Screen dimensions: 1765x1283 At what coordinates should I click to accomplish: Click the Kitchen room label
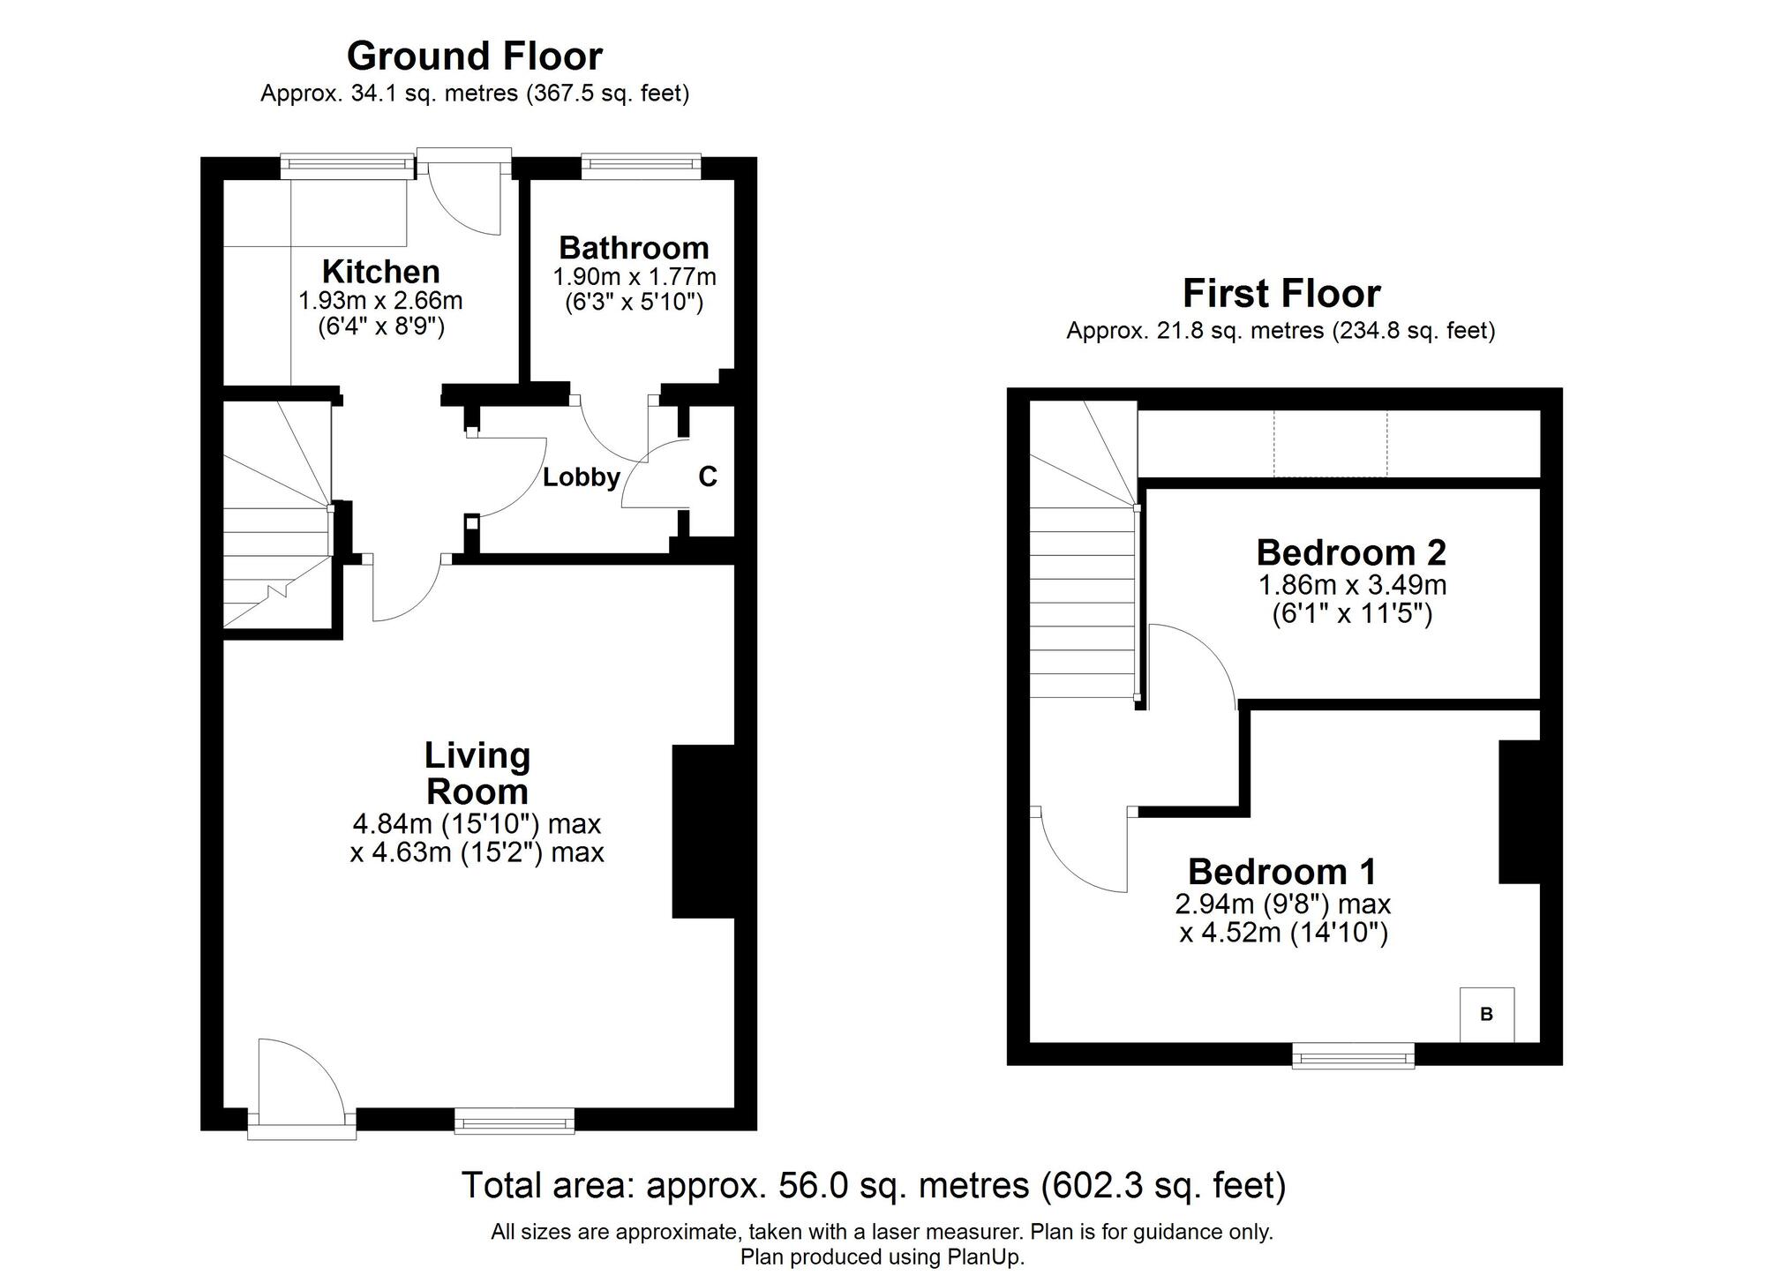click(x=380, y=271)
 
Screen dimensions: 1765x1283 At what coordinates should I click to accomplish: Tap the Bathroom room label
click(x=634, y=247)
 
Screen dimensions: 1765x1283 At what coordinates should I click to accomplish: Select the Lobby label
click(x=581, y=477)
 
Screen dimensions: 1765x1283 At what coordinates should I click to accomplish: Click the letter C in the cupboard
click(x=708, y=476)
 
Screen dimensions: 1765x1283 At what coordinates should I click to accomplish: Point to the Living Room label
click(x=477, y=773)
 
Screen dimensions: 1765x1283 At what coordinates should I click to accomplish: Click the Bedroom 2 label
click(x=1351, y=552)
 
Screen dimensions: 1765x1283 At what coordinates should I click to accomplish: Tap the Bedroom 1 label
click(x=1282, y=872)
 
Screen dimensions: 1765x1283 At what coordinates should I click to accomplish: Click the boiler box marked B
click(x=1486, y=1015)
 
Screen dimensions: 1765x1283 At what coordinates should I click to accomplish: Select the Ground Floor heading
click(x=475, y=56)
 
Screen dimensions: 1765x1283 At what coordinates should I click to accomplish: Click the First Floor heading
click(x=1281, y=293)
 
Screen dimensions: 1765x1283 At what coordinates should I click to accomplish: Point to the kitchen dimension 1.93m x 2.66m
click(x=380, y=301)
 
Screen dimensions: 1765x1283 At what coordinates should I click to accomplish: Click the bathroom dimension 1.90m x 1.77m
click(x=635, y=277)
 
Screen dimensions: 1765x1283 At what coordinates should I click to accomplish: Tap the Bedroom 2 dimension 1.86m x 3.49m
click(x=1352, y=585)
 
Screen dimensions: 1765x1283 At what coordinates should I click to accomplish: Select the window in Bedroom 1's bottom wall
click(x=1353, y=1055)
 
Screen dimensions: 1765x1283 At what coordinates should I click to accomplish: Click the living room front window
click(x=514, y=1122)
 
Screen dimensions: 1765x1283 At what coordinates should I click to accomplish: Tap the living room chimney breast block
click(x=703, y=831)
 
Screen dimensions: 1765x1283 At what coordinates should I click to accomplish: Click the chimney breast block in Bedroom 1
click(x=1520, y=812)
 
